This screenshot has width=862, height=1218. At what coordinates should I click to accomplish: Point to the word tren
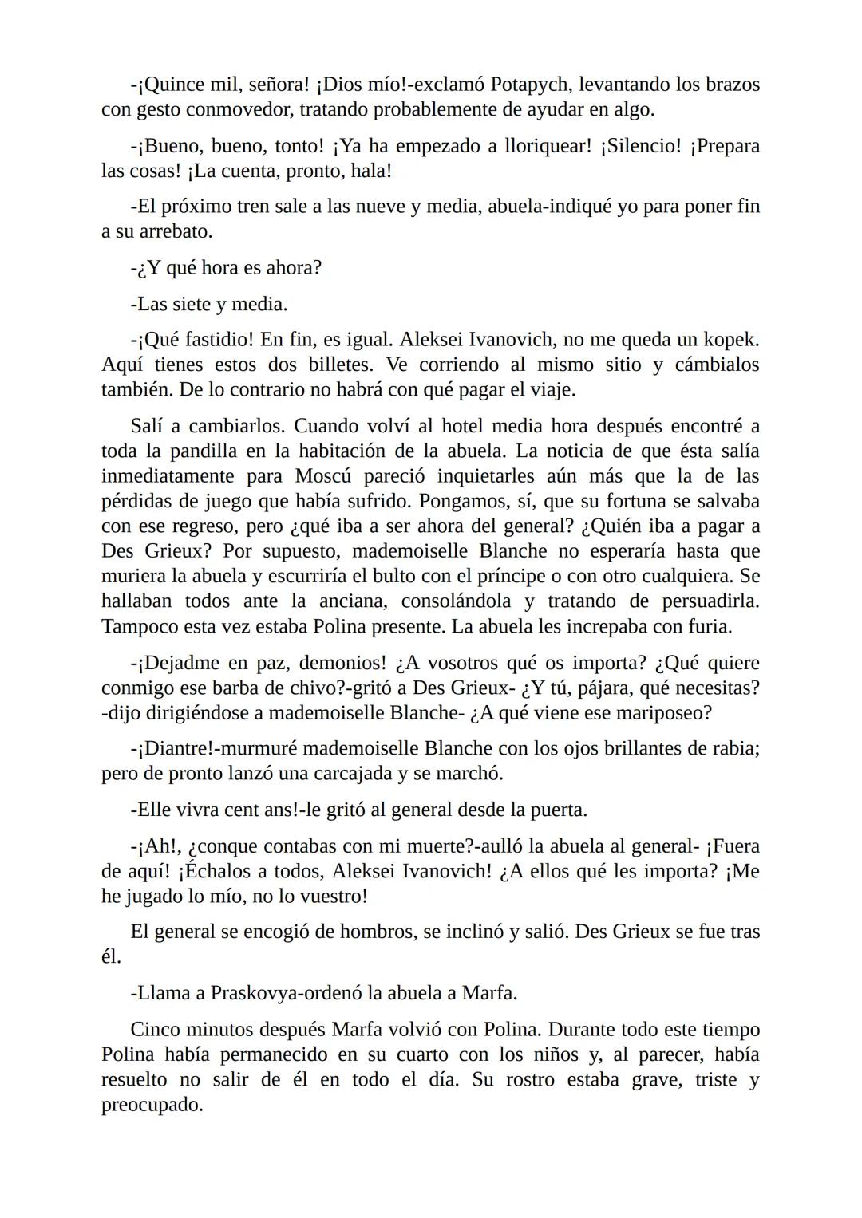click(247, 207)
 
